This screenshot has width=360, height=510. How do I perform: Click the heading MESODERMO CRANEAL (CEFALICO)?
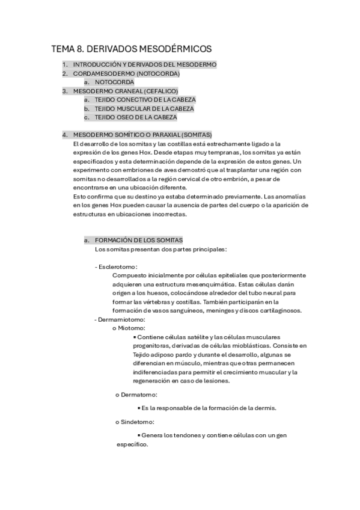126,91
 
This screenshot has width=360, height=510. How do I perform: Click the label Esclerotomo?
117,266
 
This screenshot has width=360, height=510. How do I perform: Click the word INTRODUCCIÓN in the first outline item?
97,64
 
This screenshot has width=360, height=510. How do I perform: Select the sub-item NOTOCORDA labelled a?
115,82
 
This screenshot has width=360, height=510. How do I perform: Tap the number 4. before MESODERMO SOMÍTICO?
65,134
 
